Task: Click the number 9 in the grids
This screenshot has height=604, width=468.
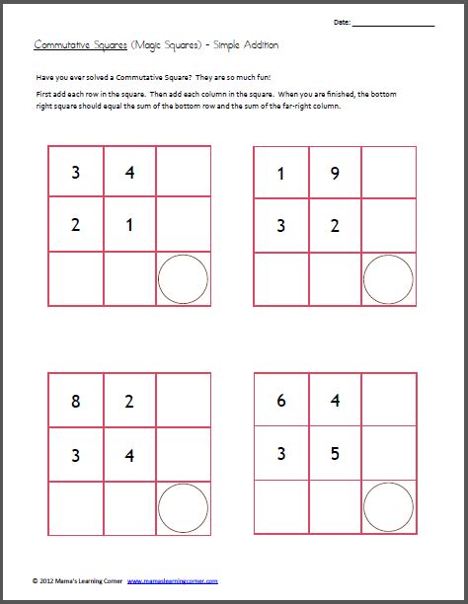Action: [335, 174]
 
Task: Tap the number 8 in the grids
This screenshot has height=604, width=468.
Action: [76, 402]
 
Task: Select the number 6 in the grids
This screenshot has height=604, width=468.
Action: [281, 401]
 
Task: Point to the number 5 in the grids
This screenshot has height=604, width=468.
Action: [335, 453]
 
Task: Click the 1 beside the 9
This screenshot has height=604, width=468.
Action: [280, 174]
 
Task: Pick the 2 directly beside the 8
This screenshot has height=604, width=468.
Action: [129, 402]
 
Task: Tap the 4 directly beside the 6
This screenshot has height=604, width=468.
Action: [335, 401]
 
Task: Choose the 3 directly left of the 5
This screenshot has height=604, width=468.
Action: [281, 453]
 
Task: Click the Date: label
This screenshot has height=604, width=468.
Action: [342, 23]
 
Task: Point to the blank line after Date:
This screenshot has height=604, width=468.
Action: [394, 26]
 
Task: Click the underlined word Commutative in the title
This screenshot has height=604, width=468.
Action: [61, 45]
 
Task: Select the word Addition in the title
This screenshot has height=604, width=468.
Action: [262, 45]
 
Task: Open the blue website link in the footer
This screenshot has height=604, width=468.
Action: [173, 581]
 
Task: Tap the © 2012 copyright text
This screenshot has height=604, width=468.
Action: [44, 581]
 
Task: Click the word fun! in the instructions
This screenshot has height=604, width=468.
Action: [264, 77]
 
